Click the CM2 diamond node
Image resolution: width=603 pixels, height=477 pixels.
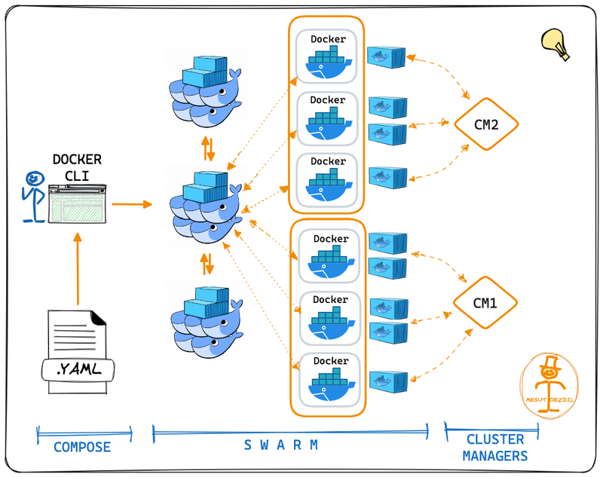(x=486, y=124)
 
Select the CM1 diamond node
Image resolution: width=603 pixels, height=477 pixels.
(x=485, y=304)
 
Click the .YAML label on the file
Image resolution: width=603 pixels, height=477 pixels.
(x=78, y=368)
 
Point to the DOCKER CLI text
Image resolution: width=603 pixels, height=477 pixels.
(x=77, y=167)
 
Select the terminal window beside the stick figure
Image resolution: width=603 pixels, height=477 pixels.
(x=77, y=203)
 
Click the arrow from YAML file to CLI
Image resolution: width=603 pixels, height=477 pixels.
(x=78, y=268)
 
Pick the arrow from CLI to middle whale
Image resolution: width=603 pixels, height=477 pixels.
(x=131, y=203)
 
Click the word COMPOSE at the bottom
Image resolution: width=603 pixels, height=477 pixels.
(x=82, y=447)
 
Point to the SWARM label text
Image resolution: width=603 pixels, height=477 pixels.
(x=281, y=445)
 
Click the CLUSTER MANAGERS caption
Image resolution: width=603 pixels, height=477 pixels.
(x=494, y=448)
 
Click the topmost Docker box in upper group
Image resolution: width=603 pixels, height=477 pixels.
(x=327, y=55)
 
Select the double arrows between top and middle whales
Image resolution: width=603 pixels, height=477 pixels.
(x=210, y=148)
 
